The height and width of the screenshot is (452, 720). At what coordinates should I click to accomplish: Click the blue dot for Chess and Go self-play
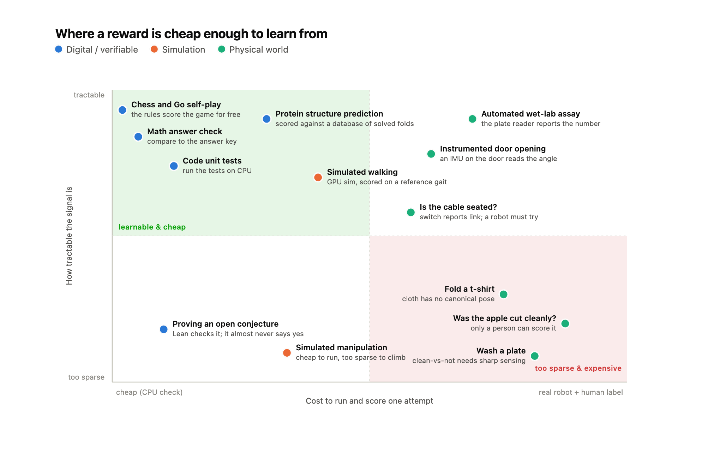122,110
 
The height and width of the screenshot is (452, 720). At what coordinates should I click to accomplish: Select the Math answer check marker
138,137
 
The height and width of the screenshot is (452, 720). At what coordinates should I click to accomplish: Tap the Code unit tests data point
174,166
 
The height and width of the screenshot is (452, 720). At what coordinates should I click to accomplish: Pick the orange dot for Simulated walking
318,177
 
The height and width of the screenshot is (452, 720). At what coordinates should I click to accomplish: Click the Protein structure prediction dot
267,119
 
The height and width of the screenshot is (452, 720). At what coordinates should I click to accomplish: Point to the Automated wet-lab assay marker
472,119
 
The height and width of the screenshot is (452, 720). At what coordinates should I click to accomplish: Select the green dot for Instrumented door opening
431,154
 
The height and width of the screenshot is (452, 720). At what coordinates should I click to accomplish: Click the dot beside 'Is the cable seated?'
411,212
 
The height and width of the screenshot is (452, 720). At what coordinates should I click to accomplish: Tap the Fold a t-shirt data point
504,294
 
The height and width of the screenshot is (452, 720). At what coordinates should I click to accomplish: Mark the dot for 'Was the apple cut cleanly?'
565,323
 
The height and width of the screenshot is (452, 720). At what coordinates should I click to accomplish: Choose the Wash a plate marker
535,356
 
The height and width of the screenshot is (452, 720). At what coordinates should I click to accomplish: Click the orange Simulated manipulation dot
287,353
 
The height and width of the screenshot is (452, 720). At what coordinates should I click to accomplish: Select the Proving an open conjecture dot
164,329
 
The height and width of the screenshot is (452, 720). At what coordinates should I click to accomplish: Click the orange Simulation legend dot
154,49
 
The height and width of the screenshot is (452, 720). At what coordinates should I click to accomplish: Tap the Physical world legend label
259,50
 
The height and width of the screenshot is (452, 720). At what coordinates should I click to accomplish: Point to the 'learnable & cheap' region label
152,227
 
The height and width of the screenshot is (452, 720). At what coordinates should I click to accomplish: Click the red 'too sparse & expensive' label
578,368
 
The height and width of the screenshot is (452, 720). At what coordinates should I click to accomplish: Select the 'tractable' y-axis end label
89,95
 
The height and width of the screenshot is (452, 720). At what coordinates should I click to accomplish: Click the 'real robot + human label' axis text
581,392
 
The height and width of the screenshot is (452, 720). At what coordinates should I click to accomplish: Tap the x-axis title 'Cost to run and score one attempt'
370,401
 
